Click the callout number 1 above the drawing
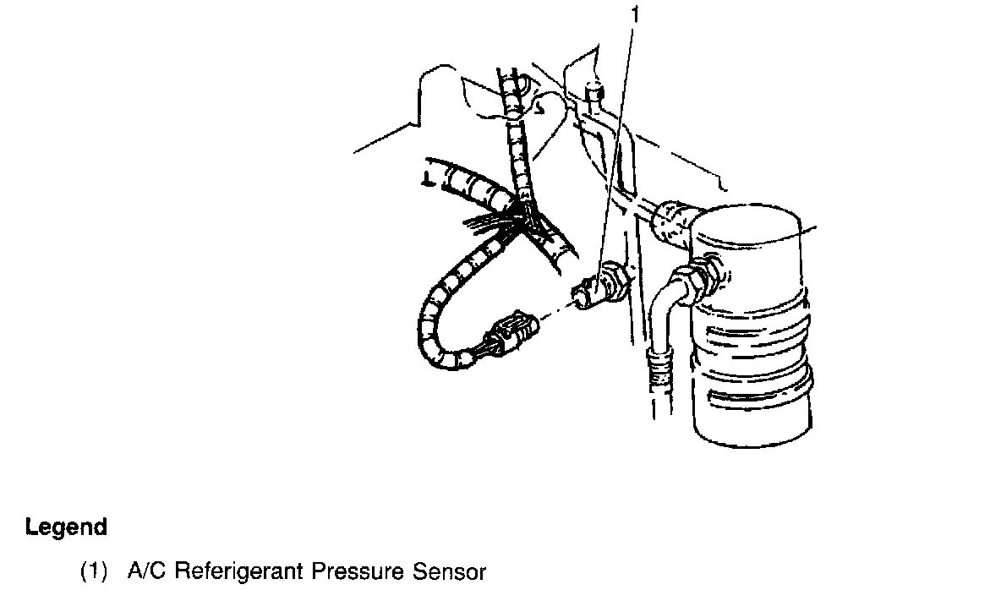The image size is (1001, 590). click(x=636, y=15)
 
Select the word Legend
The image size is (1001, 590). click(x=66, y=527)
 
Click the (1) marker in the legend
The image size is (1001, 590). click(x=95, y=571)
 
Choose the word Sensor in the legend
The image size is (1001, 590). click(x=449, y=571)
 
